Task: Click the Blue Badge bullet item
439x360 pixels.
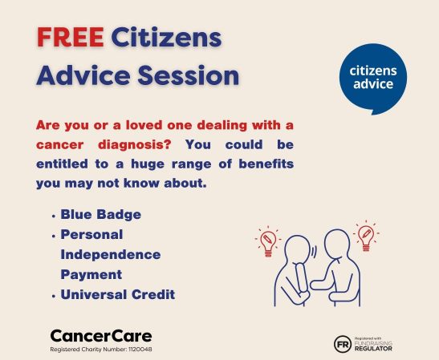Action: click(100, 215)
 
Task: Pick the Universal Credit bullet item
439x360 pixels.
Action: click(117, 295)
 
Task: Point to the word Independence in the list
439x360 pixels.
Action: click(110, 254)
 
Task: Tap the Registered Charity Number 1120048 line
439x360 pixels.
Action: click(100, 350)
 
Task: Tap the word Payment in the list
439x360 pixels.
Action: click(90, 274)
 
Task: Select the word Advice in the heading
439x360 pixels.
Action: click(80, 76)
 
